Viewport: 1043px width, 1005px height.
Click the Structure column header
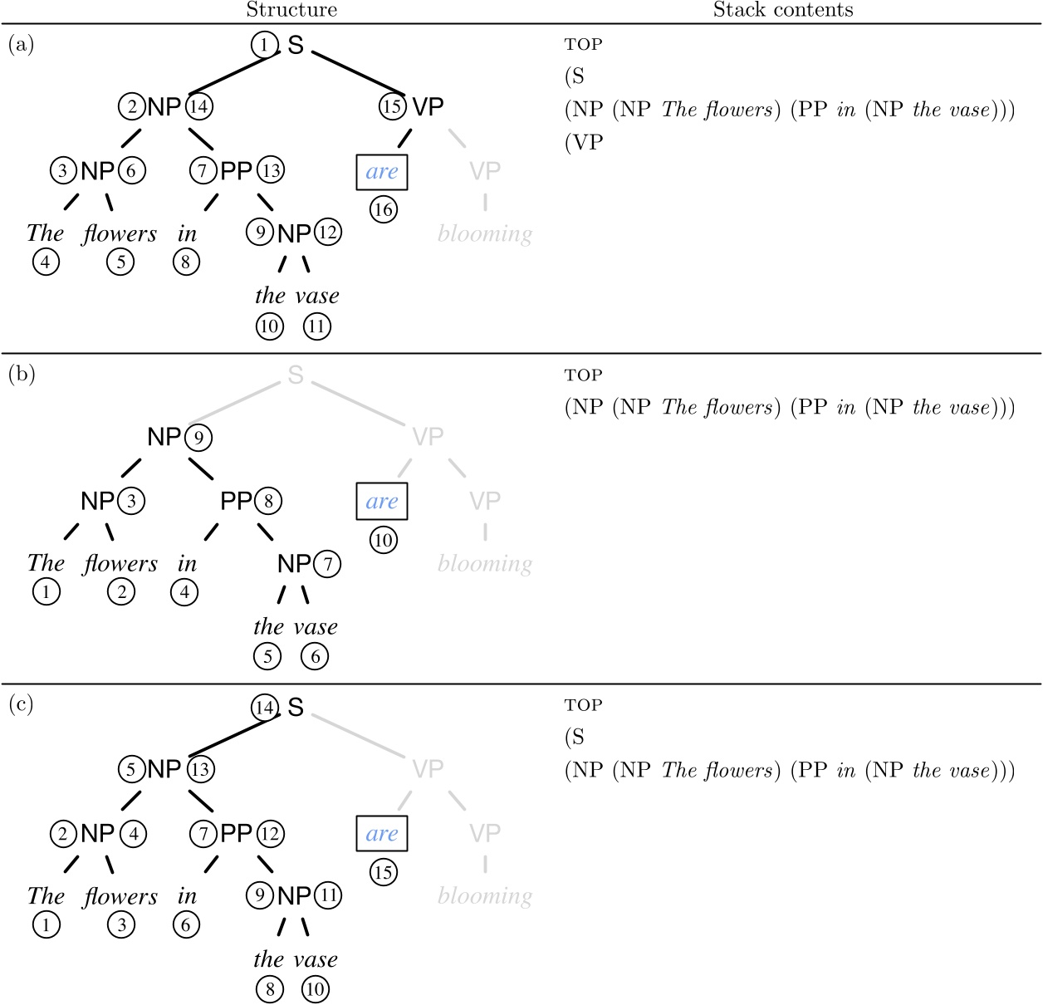point(291,10)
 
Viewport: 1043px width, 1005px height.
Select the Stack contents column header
point(782,10)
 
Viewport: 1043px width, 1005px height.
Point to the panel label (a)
point(22,44)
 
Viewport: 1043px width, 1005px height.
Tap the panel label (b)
point(22,375)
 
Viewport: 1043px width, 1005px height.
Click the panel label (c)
point(22,705)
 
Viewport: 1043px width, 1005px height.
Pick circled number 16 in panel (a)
point(383,209)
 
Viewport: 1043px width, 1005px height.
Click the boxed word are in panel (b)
point(382,501)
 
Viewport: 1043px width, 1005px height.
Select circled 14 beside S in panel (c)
point(265,708)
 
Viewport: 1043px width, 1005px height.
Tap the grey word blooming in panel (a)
point(485,234)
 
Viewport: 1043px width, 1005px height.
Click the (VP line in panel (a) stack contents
point(584,142)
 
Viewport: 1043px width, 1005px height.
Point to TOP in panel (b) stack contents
point(583,375)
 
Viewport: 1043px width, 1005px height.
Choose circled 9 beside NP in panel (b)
point(198,437)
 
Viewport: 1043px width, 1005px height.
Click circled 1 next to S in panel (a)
point(265,45)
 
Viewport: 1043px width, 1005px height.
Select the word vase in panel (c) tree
point(316,960)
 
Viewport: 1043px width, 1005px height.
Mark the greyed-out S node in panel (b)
point(296,375)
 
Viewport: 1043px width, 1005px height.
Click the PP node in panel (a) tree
point(236,171)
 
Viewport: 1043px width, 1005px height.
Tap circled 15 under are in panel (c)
point(383,872)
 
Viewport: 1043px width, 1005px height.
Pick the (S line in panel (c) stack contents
point(575,738)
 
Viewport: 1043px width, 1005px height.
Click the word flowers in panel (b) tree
point(120,564)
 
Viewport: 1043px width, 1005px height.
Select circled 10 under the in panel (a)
point(269,326)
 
